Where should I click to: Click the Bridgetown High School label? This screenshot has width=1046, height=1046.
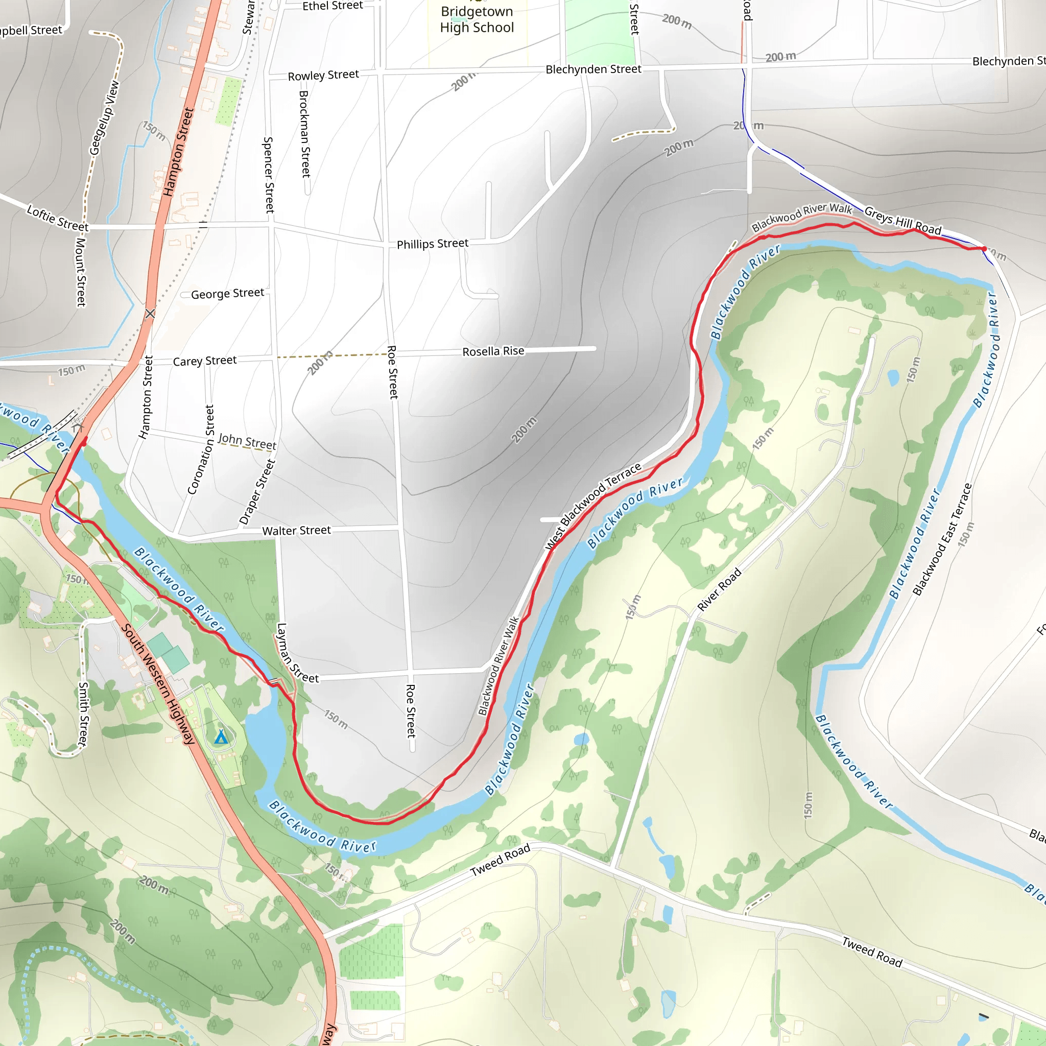[x=477, y=19]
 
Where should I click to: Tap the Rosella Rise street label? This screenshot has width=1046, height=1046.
[x=493, y=351]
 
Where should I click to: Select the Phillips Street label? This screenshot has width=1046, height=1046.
[x=432, y=244]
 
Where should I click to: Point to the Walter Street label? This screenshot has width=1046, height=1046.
[x=296, y=531]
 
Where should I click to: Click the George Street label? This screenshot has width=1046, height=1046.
[x=227, y=294]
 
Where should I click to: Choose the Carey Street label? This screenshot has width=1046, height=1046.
[x=205, y=361]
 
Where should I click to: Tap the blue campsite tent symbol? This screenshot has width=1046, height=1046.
[x=220, y=738]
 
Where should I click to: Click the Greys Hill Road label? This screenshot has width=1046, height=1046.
[x=902, y=221]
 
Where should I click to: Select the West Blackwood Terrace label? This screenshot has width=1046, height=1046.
[x=593, y=506]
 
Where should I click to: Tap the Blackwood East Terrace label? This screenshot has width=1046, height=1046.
[x=943, y=540]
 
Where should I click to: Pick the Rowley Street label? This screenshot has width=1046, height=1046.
[x=323, y=75]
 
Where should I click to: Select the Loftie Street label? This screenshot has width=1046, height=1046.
[x=57, y=218]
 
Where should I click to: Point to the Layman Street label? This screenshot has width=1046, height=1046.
[x=297, y=653]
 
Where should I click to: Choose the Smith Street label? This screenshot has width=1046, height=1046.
[x=83, y=714]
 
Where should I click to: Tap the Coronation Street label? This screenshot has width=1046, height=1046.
[x=201, y=449]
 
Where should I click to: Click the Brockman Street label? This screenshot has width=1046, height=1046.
[x=305, y=134]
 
